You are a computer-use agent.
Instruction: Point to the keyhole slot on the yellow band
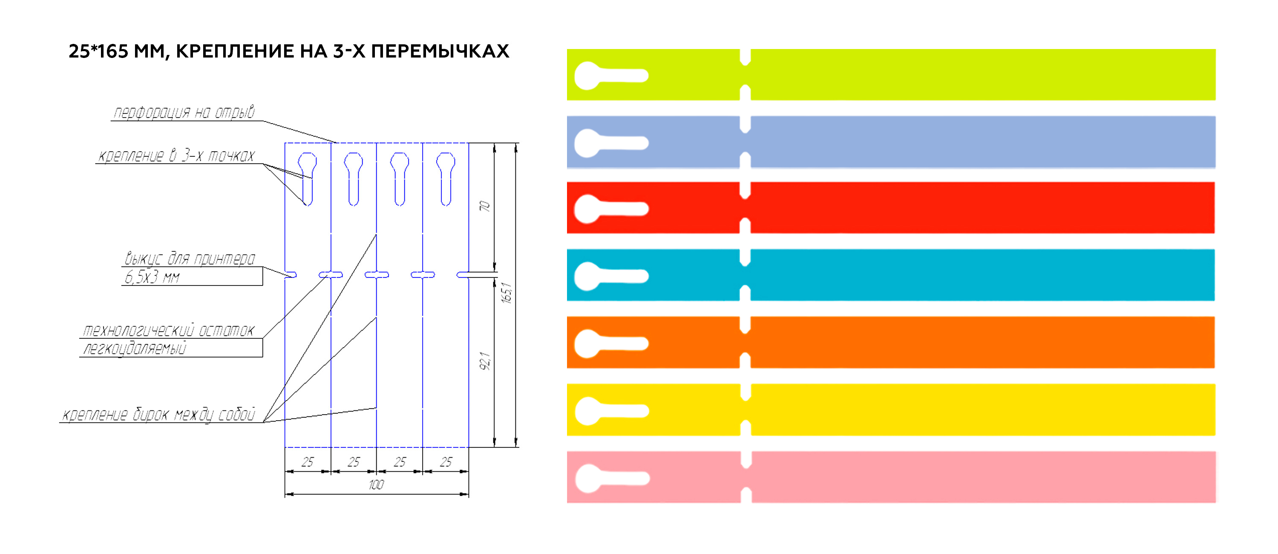pos(612,411)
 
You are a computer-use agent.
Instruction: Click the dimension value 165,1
pos(506,293)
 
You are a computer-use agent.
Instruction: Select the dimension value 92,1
pos(485,361)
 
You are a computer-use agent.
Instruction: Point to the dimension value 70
pos(484,206)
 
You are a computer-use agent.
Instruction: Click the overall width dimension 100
pos(376,485)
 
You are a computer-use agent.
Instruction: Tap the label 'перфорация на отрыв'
pos(184,112)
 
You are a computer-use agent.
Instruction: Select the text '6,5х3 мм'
pos(152,277)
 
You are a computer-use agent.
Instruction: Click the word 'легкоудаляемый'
pos(135,349)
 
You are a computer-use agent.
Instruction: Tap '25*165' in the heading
pos(98,51)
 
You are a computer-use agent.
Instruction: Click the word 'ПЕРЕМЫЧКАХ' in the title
pos(440,51)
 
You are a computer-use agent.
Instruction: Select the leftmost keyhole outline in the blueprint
pos(307,179)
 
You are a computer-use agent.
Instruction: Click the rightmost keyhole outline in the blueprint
pos(446,179)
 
